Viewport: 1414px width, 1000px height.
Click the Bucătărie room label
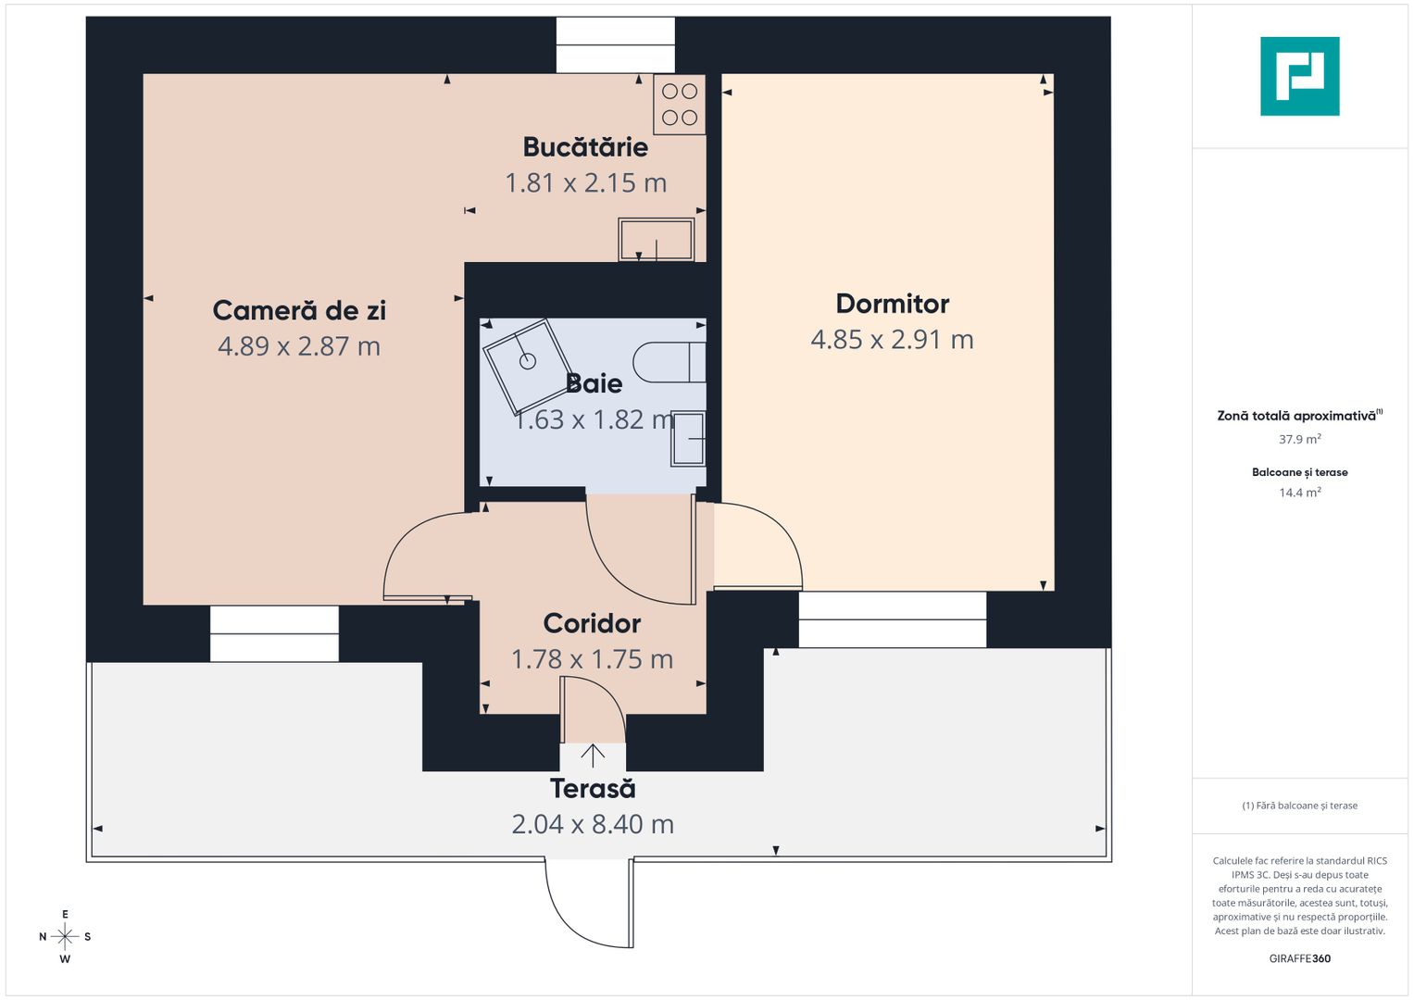585,147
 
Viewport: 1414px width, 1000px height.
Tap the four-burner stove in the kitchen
680,105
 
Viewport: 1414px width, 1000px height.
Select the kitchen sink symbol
656,240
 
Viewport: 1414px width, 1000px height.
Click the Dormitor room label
893,304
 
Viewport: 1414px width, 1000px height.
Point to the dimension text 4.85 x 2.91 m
892,340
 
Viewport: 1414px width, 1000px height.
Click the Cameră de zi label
299,310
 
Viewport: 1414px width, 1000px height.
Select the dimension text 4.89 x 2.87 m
299,346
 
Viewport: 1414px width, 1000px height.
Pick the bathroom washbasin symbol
688,438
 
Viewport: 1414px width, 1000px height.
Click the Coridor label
592,623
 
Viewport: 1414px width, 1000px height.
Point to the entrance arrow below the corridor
593,756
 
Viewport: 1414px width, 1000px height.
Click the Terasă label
593,789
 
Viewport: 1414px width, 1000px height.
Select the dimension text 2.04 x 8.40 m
593,824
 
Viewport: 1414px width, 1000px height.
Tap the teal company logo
1299,76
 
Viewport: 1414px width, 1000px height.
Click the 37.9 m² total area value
1299,439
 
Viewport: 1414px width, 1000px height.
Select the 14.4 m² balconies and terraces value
1299,493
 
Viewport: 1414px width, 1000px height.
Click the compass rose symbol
65,936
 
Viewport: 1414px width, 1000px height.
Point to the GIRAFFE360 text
1299,958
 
